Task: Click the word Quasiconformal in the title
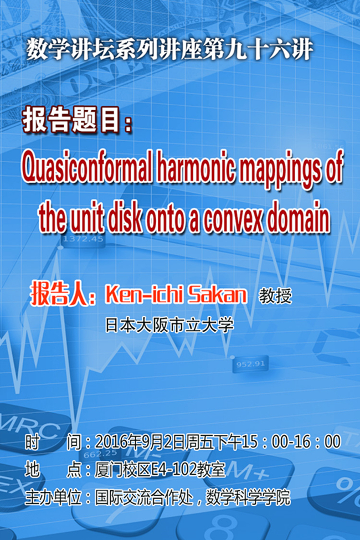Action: click(x=87, y=169)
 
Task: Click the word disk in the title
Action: click(x=125, y=218)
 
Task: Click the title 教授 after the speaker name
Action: click(x=276, y=296)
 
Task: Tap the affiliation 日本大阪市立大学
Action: click(x=169, y=325)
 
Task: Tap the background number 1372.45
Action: click(x=83, y=239)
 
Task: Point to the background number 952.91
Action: click(x=250, y=364)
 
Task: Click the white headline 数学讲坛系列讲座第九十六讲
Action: click(x=170, y=50)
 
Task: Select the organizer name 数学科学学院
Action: click(x=248, y=498)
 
